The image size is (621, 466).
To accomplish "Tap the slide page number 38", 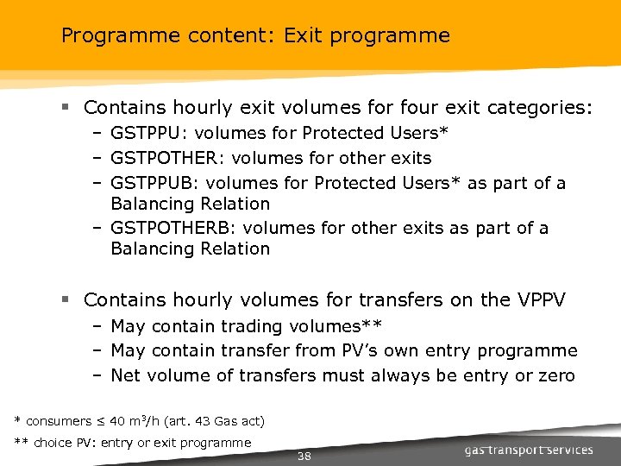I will click(304, 456).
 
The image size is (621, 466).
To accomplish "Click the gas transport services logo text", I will click(528, 450).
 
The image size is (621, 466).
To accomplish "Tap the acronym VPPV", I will click(541, 300).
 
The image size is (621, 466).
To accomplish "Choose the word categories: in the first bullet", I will click(540, 108).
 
